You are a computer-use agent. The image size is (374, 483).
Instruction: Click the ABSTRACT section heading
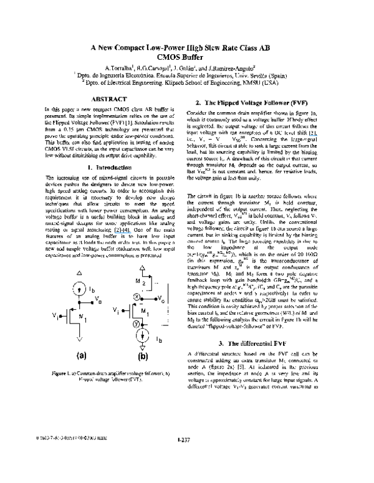click(110, 98)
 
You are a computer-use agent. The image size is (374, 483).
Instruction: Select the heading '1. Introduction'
click(110, 168)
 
